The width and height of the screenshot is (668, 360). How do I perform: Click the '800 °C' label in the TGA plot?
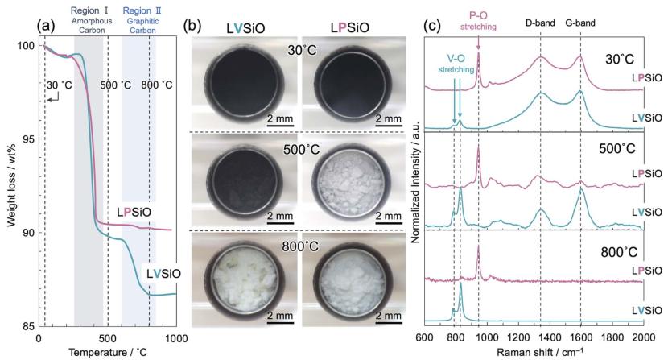(x=156, y=85)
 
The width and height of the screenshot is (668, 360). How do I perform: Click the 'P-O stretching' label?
(x=478, y=20)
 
